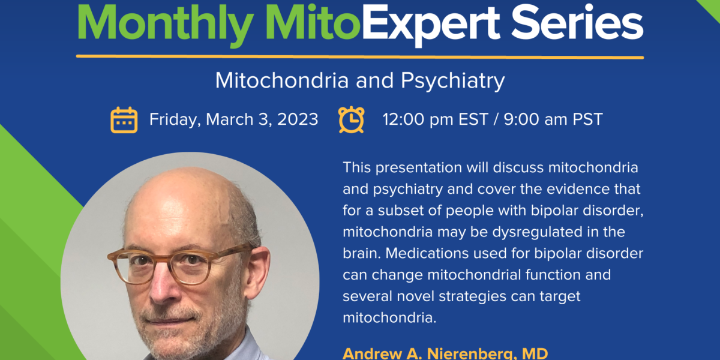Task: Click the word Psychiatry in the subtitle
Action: click(x=453, y=82)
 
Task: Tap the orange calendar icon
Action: click(x=124, y=120)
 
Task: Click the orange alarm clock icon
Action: click(x=352, y=119)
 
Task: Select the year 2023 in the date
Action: click(x=298, y=119)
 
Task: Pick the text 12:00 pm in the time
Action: click(x=417, y=119)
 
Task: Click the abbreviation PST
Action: click(x=587, y=119)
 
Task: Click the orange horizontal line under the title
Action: click(x=360, y=57)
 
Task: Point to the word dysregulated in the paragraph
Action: click(x=538, y=232)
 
